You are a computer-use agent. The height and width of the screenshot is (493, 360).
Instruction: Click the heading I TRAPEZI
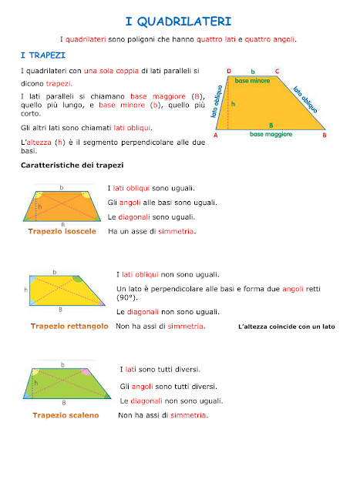pos(42,56)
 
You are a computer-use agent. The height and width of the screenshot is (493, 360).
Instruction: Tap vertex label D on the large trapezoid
pos(229,71)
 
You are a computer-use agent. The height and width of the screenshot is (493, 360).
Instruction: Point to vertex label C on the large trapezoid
pos(277,71)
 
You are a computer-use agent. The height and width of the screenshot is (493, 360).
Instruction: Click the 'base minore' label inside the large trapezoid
pos(253,80)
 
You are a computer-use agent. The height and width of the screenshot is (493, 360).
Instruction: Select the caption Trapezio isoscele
pos(62,231)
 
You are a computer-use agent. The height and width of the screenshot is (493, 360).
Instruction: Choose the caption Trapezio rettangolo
pos(69,327)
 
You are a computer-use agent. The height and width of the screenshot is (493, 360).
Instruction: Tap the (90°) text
pos(126,297)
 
